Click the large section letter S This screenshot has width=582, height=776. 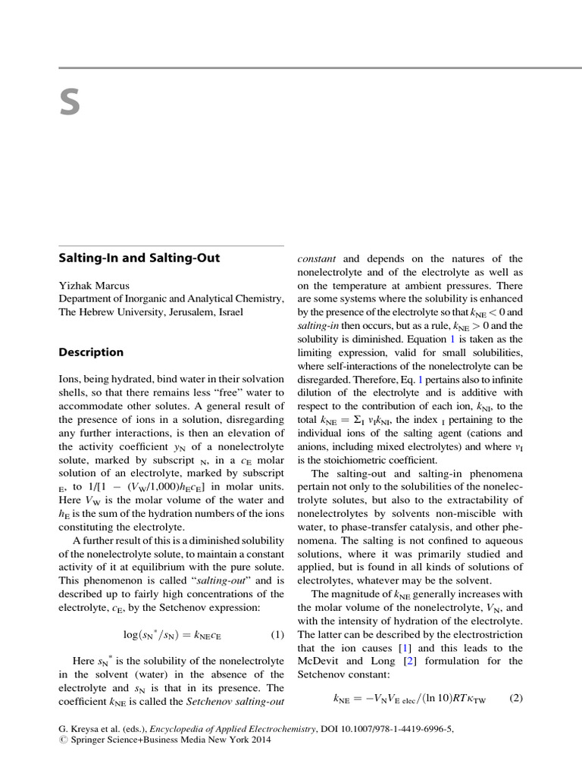[70, 103]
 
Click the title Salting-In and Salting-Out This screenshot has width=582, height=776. [139, 258]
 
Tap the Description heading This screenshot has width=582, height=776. [91, 352]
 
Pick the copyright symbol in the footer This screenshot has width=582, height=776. [62, 740]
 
